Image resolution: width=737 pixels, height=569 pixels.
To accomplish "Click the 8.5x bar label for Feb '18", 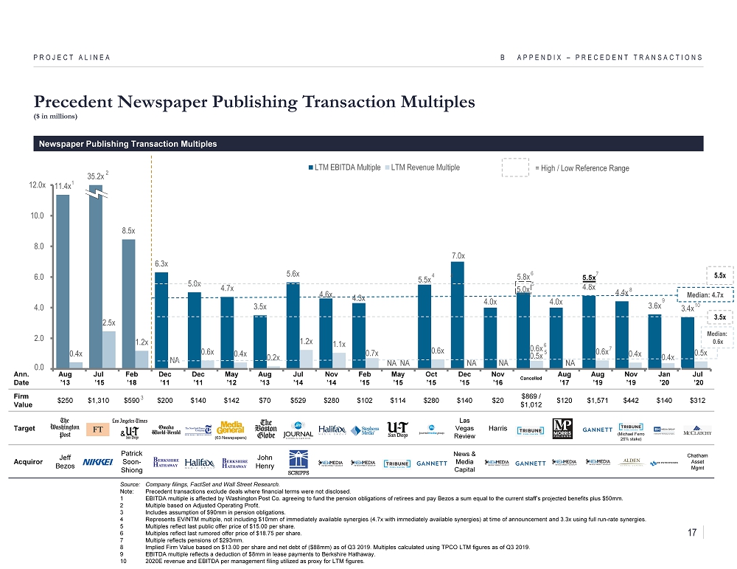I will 129,230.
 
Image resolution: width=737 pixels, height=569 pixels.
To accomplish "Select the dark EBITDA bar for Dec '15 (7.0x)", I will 458,314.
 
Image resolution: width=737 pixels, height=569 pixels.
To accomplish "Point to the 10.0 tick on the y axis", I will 39,215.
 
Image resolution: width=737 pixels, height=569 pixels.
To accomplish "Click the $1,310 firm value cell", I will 96,399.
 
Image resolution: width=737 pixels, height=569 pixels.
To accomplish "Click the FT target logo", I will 96,429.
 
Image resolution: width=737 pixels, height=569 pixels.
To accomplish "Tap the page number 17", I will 691,531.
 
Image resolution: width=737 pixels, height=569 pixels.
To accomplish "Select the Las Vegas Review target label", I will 464,429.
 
